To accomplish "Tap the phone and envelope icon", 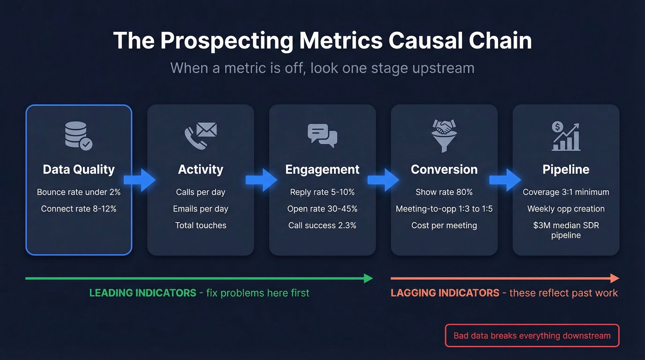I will [x=200, y=135].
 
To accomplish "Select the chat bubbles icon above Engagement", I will [x=322, y=136].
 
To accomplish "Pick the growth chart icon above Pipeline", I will [x=566, y=136].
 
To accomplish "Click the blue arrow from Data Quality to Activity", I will [x=140, y=180].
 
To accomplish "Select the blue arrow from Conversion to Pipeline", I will [x=505, y=180].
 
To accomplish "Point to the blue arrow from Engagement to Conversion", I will [x=383, y=180].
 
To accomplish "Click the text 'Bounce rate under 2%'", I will [x=79, y=192].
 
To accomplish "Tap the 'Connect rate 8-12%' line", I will [x=79, y=209].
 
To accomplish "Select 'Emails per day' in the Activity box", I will [x=200, y=209].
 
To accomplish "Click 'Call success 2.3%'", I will [x=322, y=225].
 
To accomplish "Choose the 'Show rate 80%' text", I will [x=444, y=192].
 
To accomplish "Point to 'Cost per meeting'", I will [x=444, y=225].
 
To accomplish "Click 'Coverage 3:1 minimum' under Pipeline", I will [x=566, y=192].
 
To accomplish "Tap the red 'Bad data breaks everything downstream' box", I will [x=532, y=336].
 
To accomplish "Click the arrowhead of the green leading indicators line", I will [x=368, y=278].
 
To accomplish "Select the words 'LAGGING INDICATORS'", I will [x=445, y=293].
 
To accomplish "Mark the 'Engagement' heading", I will [x=322, y=169].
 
